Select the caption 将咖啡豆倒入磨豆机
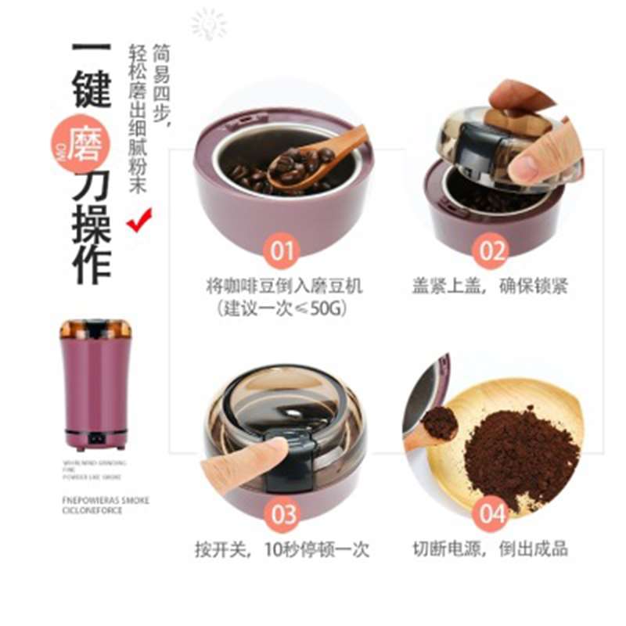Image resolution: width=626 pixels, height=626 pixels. pos(284,286)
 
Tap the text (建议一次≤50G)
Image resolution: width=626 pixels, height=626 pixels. pos(284,309)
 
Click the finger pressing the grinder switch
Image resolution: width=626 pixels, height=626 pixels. pos(239,462)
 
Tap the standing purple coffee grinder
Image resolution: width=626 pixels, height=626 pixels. pos(94,383)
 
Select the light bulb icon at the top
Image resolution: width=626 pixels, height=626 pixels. pos(208,23)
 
